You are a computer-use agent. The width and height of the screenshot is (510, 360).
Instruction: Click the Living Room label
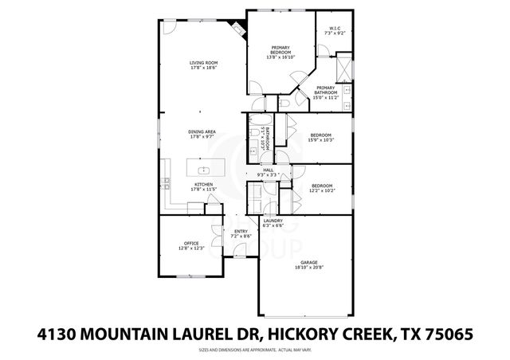pyautogui.click(x=203, y=65)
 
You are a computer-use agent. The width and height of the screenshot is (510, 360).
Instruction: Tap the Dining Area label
pyautogui.click(x=202, y=135)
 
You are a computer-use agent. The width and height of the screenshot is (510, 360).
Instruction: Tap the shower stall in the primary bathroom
pyautogui.click(x=343, y=67)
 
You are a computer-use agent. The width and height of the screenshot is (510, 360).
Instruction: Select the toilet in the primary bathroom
pyautogui.click(x=284, y=104)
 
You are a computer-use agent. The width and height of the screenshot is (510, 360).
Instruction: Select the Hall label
pyautogui.click(x=269, y=170)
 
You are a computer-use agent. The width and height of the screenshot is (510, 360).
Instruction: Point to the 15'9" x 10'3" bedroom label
pyautogui.click(x=321, y=138)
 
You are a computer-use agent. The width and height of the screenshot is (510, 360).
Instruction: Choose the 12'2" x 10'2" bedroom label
pyautogui.click(x=321, y=188)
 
